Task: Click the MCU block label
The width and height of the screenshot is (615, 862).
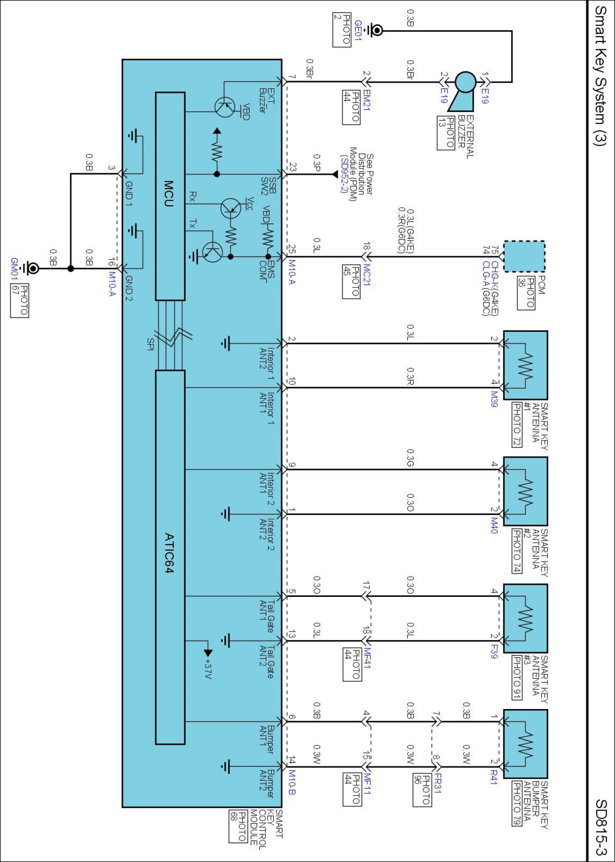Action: (x=169, y=194)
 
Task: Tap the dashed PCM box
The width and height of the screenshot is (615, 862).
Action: (x=524, y=256)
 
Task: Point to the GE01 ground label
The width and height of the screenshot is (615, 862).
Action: (x=358, y=30)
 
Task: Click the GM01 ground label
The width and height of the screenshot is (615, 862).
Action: (x=14, y=269)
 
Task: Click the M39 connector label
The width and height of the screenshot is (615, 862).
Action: (x=494, y=399)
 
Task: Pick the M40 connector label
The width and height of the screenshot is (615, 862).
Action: (x=494, y=525)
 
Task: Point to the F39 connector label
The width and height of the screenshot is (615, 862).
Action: (x=494, y=651)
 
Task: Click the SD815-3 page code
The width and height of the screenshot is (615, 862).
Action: (x=601, y=827)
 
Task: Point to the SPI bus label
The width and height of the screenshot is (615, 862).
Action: (x=150, y=344)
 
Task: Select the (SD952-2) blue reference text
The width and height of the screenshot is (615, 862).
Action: (x=344, y=174)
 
